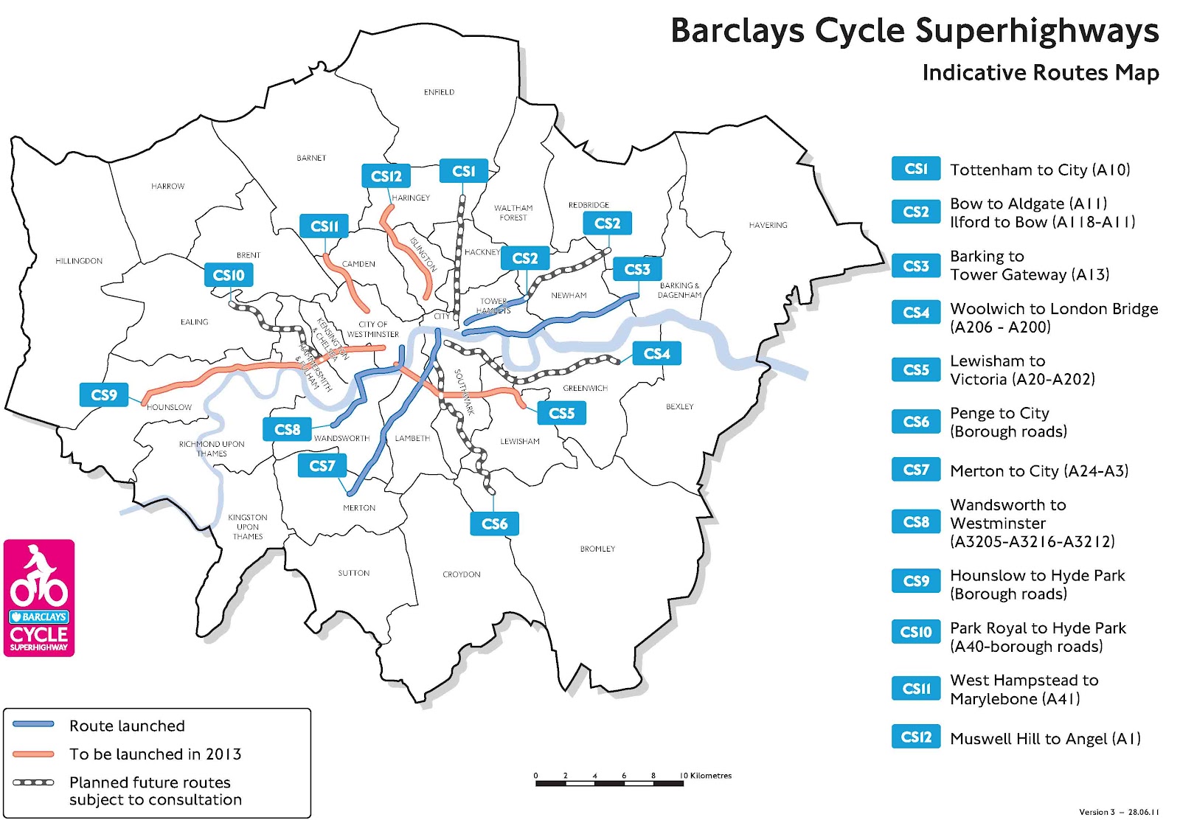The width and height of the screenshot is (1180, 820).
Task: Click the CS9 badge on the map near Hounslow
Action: click(x=104, y=395)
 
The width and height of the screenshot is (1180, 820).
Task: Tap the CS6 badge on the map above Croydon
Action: click(x=494, y=524)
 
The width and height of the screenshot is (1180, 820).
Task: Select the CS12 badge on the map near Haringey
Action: click(x=386, y=176)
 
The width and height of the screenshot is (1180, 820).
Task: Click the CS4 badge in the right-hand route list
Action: click(x=916, y=312)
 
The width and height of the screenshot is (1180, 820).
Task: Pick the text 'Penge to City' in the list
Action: click(x=999, y=413)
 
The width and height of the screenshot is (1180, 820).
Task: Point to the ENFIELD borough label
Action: click(x=439, y=92)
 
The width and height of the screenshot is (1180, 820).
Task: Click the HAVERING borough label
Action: click(x=768, y=225)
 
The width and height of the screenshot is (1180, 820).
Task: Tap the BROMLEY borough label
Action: click(x=597, y=549)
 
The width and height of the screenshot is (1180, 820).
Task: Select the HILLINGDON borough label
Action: click(x=79, y=261)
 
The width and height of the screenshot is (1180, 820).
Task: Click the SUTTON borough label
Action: click(x=353, y=573)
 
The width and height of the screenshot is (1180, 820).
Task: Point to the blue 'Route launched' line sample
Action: click(x=33, y=725)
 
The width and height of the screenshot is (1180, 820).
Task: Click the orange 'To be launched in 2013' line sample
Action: click(x=33, y=754)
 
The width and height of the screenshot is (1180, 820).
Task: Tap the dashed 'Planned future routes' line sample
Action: click(x=33, y=782)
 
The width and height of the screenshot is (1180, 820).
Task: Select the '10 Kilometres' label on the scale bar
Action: click(x=707, y=775)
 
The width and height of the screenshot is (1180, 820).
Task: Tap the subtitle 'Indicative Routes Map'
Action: click(x=1040, y=72)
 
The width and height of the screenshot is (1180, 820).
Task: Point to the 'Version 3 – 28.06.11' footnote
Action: click(x=1118, y=812)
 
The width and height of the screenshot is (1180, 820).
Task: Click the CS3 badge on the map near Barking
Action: click(x=637, y=269)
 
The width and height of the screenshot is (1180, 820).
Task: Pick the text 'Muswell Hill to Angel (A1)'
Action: click(x=1045, y=738)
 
